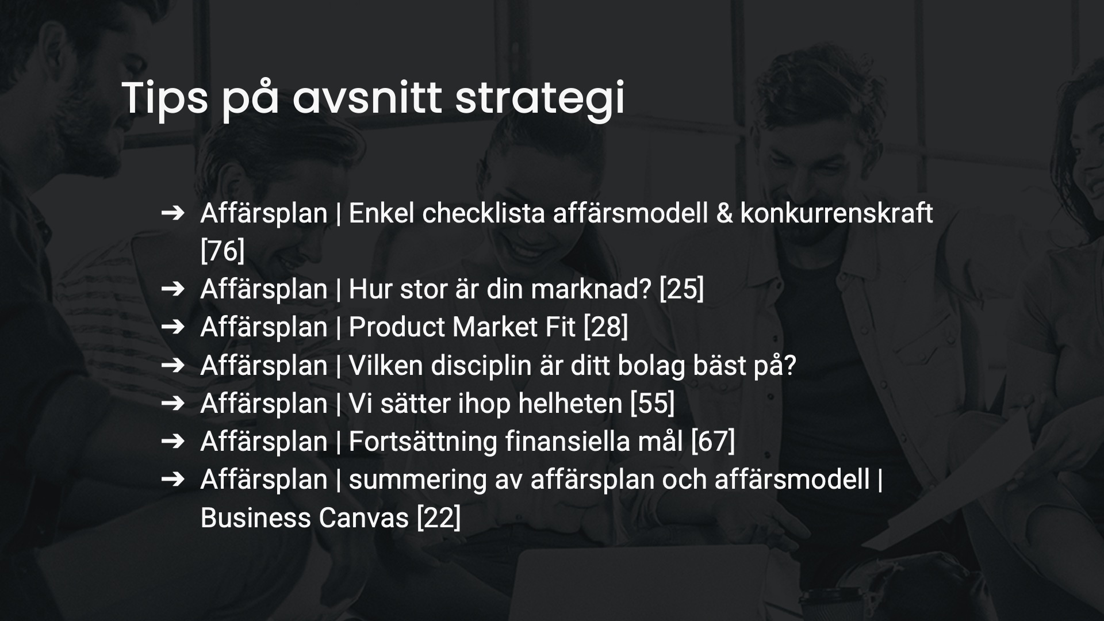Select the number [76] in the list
223,251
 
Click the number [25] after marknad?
681,289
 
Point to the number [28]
605,327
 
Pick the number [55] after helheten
652,403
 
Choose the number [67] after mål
712,441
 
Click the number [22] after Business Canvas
438,517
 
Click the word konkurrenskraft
837,213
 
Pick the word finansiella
596,441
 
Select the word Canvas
363,517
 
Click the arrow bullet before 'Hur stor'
172,289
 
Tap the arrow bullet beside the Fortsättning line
172,441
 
